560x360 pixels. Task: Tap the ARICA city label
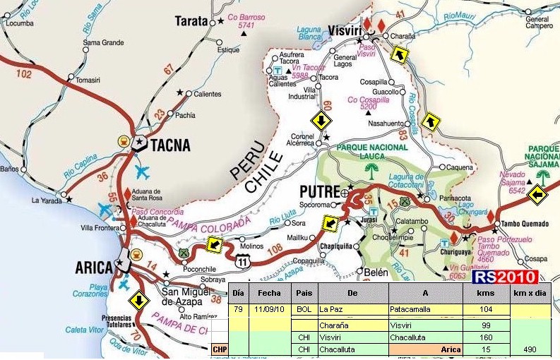(94, 268)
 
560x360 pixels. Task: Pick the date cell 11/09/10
(268, 309)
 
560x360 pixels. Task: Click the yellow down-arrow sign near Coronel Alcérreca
(321, 121)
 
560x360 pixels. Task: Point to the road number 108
(275, 248)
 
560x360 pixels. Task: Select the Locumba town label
(19, 23)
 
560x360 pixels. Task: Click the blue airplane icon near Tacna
(142, 172)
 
